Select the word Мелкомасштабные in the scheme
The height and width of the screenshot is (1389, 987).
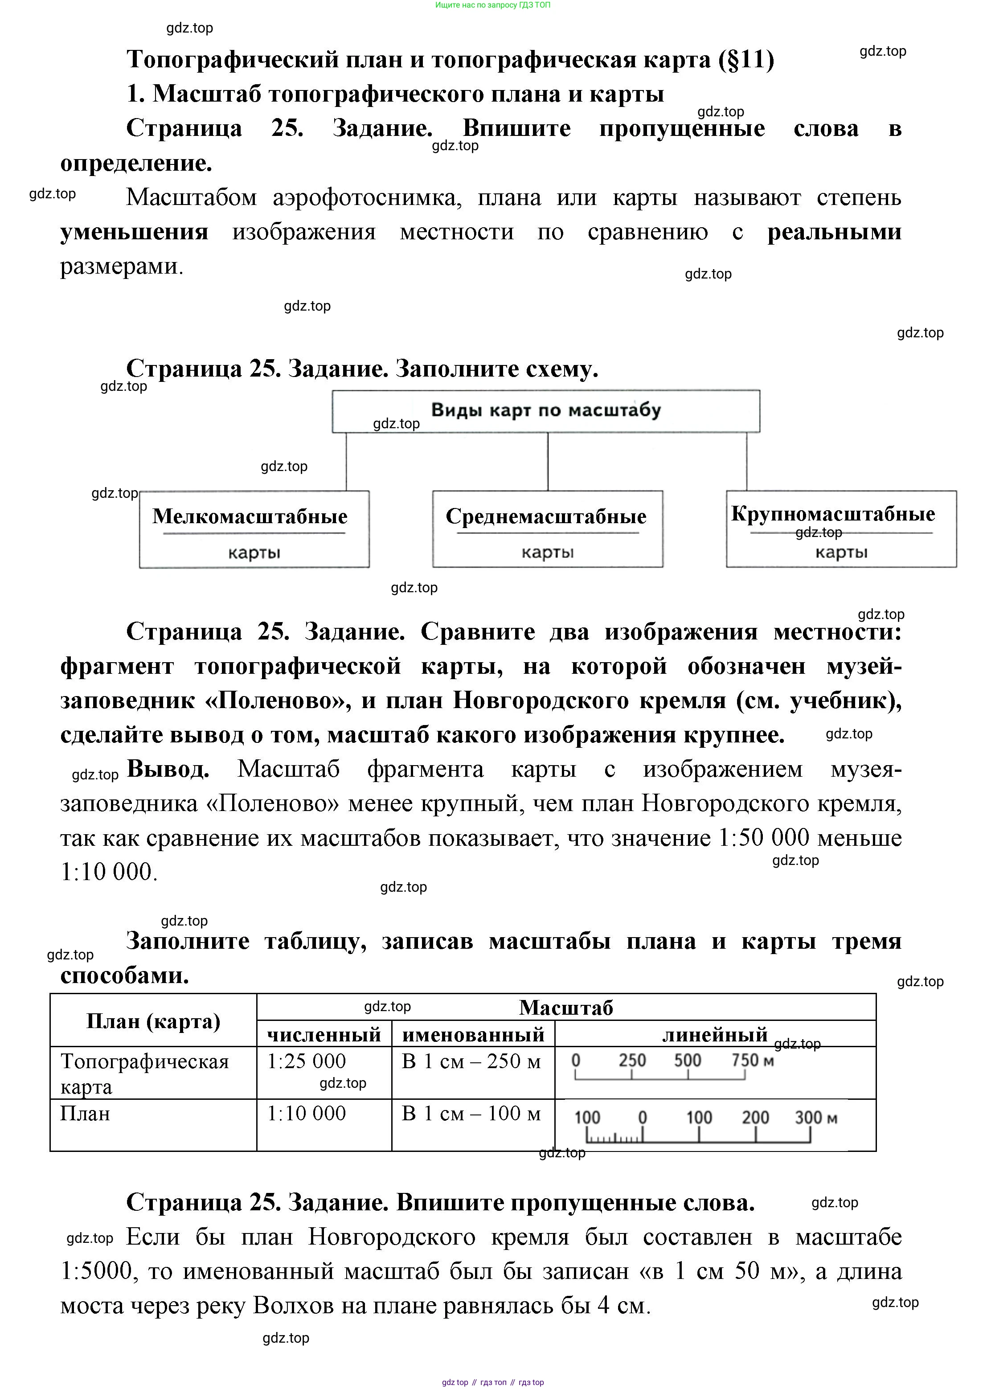250,516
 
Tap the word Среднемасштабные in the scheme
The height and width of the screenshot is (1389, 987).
546,516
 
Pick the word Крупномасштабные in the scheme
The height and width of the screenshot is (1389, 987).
833,514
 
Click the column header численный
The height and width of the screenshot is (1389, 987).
324,1035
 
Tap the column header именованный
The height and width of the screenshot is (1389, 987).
473,1035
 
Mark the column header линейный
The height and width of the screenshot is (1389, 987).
715,1035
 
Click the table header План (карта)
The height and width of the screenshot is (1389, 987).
153,1021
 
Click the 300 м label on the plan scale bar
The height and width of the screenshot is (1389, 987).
815,1118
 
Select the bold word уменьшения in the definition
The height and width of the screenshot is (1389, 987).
134,232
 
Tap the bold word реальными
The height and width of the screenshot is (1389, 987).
834,232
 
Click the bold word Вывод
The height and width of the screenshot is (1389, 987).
168,769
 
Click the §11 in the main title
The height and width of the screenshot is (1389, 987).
745,60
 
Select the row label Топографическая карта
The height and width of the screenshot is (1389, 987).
145,1073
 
